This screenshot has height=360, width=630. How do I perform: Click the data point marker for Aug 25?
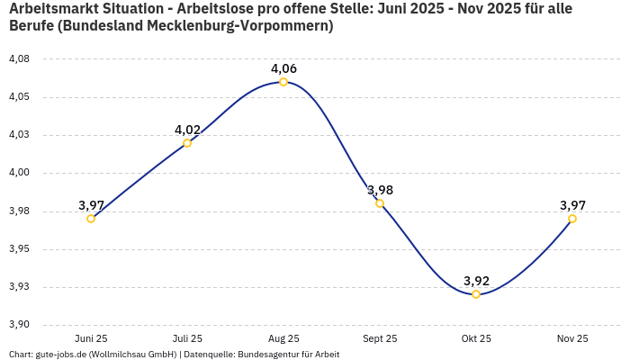tap(283, 82)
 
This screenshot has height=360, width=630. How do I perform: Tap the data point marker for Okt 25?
tap(476, 294)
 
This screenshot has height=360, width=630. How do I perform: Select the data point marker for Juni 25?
tap(91, 219)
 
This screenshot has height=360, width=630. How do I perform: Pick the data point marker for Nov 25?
tap(572, 219)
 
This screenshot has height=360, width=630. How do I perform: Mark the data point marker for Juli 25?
tap(187, 143)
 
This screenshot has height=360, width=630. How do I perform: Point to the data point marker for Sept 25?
tap(380, 203)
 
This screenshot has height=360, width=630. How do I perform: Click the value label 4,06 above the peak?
tap(283, 68)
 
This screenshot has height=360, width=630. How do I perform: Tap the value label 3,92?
tap(476, 281)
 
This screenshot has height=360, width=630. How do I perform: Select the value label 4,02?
tap(187, 130)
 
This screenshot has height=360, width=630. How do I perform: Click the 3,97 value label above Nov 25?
tap(572, 205)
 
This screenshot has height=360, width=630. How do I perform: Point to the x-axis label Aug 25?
tap(283, 338)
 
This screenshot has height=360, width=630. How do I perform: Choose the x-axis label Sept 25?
tap(380, 338)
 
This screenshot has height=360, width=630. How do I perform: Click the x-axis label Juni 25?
tap(91, 338)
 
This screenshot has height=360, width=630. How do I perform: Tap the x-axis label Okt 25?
tap(476, 338)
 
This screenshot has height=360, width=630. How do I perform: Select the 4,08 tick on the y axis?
tap(19, 58)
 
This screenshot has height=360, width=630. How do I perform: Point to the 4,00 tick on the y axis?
tap(19, 173)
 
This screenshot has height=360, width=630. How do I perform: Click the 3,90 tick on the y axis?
tap(19, 325)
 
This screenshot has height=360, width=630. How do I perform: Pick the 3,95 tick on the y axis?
tap(19, 249)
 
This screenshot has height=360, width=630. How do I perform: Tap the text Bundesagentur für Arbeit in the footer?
tap(288, 355)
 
